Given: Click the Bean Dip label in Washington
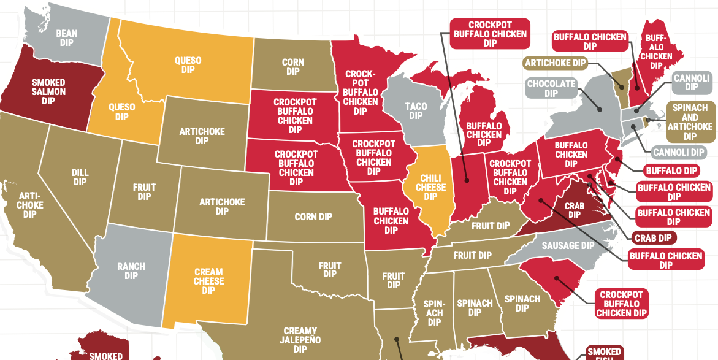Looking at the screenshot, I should (66, 38).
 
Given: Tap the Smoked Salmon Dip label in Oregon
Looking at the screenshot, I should (48, 91).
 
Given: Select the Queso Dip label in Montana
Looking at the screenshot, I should (188, 65).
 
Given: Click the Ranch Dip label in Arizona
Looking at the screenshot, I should (131, 271).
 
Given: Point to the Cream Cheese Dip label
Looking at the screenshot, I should (208, 281).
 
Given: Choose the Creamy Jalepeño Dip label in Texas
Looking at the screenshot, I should (300, 340).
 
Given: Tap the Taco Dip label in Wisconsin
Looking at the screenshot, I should (416, 111).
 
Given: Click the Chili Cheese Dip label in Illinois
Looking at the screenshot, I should (430, 182).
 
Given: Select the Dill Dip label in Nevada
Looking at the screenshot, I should (80, 177).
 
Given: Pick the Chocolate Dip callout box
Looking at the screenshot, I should (551, 88).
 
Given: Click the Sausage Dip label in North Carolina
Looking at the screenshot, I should (568, 245).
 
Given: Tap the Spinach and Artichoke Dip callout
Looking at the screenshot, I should (689, 122).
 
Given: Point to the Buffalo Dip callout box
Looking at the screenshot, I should (672, 170).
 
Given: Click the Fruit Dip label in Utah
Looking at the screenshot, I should (144, 192).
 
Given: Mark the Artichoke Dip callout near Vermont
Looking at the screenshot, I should (556, 63).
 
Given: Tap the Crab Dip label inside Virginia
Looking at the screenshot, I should (574, 210).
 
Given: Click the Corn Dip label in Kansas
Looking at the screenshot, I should (313, 217).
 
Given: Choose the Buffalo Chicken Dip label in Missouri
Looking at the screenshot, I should (391, 221).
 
